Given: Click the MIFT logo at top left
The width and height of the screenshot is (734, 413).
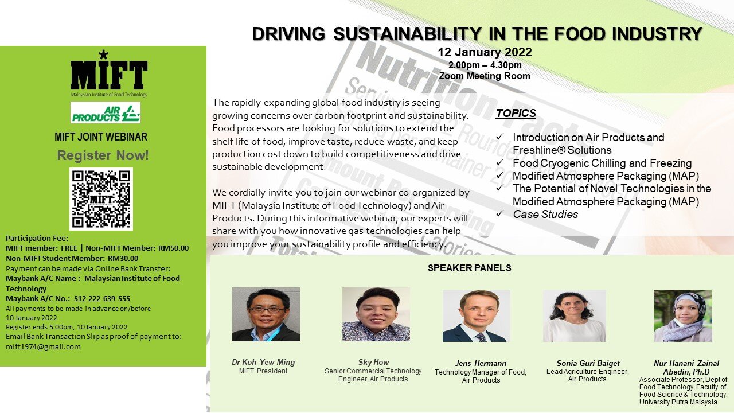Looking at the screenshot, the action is [109, 74].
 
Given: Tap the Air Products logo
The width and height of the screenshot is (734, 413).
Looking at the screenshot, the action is [106, 112].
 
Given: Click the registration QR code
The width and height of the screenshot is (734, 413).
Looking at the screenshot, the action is [101, 199].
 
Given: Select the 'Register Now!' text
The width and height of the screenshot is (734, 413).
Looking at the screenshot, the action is [103, 155].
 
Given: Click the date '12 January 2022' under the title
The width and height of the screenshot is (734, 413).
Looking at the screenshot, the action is [485, 52].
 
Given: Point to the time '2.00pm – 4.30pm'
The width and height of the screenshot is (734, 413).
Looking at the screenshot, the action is [485, 65].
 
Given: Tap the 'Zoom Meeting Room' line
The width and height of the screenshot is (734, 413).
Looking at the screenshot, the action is [485, 76].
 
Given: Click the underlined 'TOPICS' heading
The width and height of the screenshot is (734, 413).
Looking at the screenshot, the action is [516, 113].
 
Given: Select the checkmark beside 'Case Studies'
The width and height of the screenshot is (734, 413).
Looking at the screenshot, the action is [499, 214].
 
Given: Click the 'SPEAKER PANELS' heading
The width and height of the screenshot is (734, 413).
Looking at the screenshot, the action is [469, 268].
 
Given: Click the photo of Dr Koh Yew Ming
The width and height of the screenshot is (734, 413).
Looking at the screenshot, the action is [266, 314].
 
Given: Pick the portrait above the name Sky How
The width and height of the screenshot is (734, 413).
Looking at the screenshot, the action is [376, 314].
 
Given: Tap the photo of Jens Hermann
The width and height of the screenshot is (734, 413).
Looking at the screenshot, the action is [476, 316].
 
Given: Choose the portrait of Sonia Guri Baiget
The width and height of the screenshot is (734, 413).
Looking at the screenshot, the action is [575, 316].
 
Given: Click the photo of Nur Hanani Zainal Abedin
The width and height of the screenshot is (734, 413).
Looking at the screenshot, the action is [683, 316].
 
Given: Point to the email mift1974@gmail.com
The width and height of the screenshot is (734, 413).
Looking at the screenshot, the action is [43, 346].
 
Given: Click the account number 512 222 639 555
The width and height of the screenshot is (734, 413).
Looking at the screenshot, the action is [102, 299].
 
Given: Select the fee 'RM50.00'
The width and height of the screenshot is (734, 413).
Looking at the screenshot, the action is [173, 248].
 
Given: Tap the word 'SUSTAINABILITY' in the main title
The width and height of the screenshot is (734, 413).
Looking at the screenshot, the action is [407, 34].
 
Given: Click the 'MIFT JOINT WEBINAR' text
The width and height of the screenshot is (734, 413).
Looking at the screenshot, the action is [101, 137].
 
